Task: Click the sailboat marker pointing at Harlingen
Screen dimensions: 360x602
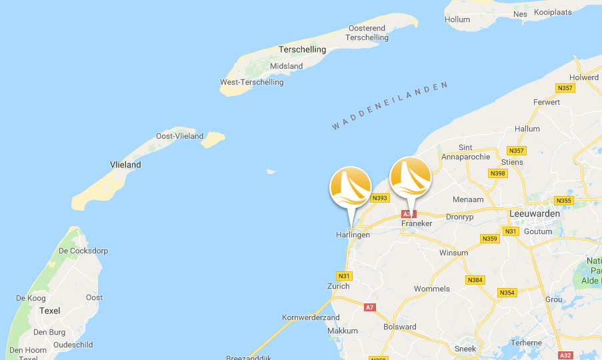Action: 350,186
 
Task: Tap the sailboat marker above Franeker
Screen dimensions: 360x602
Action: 410,178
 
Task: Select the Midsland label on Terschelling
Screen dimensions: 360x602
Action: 286,66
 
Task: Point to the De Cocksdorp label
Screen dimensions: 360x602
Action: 83,251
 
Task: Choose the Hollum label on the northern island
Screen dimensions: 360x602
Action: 457,19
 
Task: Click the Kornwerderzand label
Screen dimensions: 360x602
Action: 311,317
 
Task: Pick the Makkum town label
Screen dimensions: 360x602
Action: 343,331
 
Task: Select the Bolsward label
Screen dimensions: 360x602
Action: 400,327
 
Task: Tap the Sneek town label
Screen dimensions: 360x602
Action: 465,349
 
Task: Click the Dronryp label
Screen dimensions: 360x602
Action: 459,216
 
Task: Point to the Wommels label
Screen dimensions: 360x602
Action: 432,289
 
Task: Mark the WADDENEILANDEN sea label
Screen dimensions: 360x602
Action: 389,105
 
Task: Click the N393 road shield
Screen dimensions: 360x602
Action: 380,197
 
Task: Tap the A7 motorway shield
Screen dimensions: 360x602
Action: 369,307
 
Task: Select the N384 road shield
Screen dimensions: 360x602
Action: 475,280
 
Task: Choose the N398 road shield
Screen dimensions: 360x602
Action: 497,173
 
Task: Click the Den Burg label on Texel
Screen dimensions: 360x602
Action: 49,331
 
